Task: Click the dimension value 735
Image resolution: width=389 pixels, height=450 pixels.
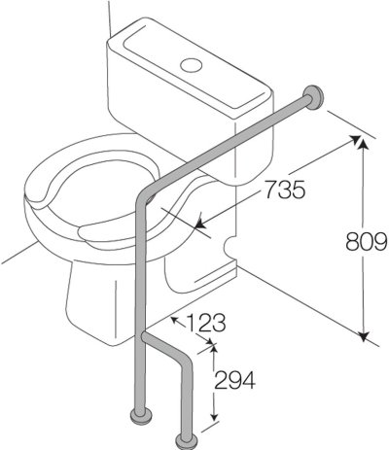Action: pyautogui.click(x=283, y=190)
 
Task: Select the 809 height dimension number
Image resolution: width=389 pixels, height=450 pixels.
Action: pyautogui.click(x=368, y=239)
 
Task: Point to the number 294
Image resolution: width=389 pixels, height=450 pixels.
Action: pyautogui.click(x=233, y=380)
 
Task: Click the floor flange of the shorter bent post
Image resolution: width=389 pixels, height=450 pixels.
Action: pyautogui.click(x=185, y=437)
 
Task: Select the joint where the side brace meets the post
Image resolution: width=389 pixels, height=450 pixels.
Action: pyautogui.click(x=143, y=336)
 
